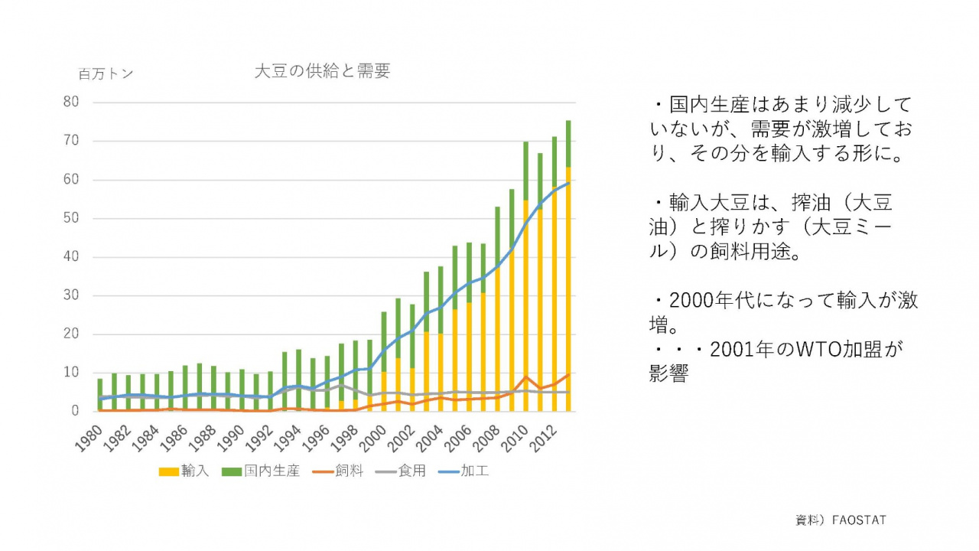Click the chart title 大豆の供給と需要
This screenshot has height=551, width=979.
322,71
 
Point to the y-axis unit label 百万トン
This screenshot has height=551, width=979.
106,74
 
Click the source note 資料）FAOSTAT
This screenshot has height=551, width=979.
841,520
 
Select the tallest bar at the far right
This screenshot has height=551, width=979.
568,268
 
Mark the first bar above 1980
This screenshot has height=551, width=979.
100,395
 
